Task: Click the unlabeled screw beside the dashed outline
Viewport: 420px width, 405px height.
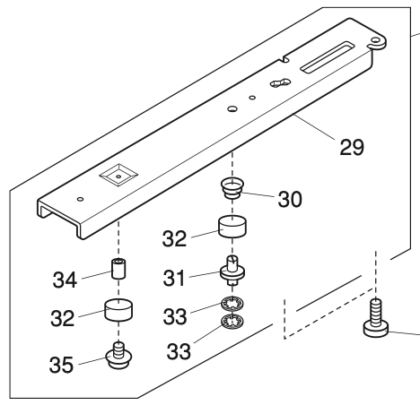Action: click(376, 318)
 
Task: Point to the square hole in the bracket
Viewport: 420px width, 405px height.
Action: click(116, 175)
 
